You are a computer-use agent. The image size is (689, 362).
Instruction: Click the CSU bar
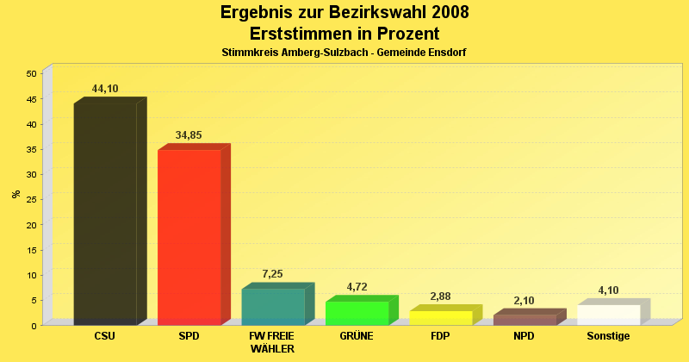pyautogui.click(x=105, y=214)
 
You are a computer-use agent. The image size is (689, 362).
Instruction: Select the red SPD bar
pyautogui.click(x=189, y=237)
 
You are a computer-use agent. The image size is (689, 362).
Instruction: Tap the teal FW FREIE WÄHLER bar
pyautogui.click(x=273, y=307)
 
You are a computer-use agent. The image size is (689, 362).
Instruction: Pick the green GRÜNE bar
pyautogui.click(x=357, y=313)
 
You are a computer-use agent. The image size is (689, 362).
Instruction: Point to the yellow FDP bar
pyautogui.click(x=441, y=318)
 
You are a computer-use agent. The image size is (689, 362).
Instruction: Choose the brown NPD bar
pyautogui.click(x=525, y=320)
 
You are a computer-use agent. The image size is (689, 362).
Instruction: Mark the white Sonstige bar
pyautogui.click(x=609, y=315)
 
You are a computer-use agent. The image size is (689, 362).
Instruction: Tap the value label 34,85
pyautogui.click(x=189, y=135)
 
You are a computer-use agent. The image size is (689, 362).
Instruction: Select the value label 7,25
pyautogui.click(x=272, y=274)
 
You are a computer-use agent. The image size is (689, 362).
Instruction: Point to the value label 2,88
pyautogui.click(x=440, y=296)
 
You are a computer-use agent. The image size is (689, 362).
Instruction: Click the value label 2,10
pyautogui.click(x=524, y=301)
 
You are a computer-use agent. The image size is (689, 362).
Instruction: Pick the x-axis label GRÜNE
pyautogui.click(x=357, y=336)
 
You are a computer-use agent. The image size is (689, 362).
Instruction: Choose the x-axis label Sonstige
pyautogui.click(x=608, y=336)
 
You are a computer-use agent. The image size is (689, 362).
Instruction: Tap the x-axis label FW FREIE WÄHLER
pyautogui.click(x=272, y=342)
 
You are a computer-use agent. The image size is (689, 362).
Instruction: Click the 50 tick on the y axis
pyautogui.click(x=30, y=74)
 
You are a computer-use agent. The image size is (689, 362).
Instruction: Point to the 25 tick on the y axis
pyautogui.click(x=30, y=200)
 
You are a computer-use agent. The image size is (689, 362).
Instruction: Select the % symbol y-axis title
pyautogui.click(x=16, y=194)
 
